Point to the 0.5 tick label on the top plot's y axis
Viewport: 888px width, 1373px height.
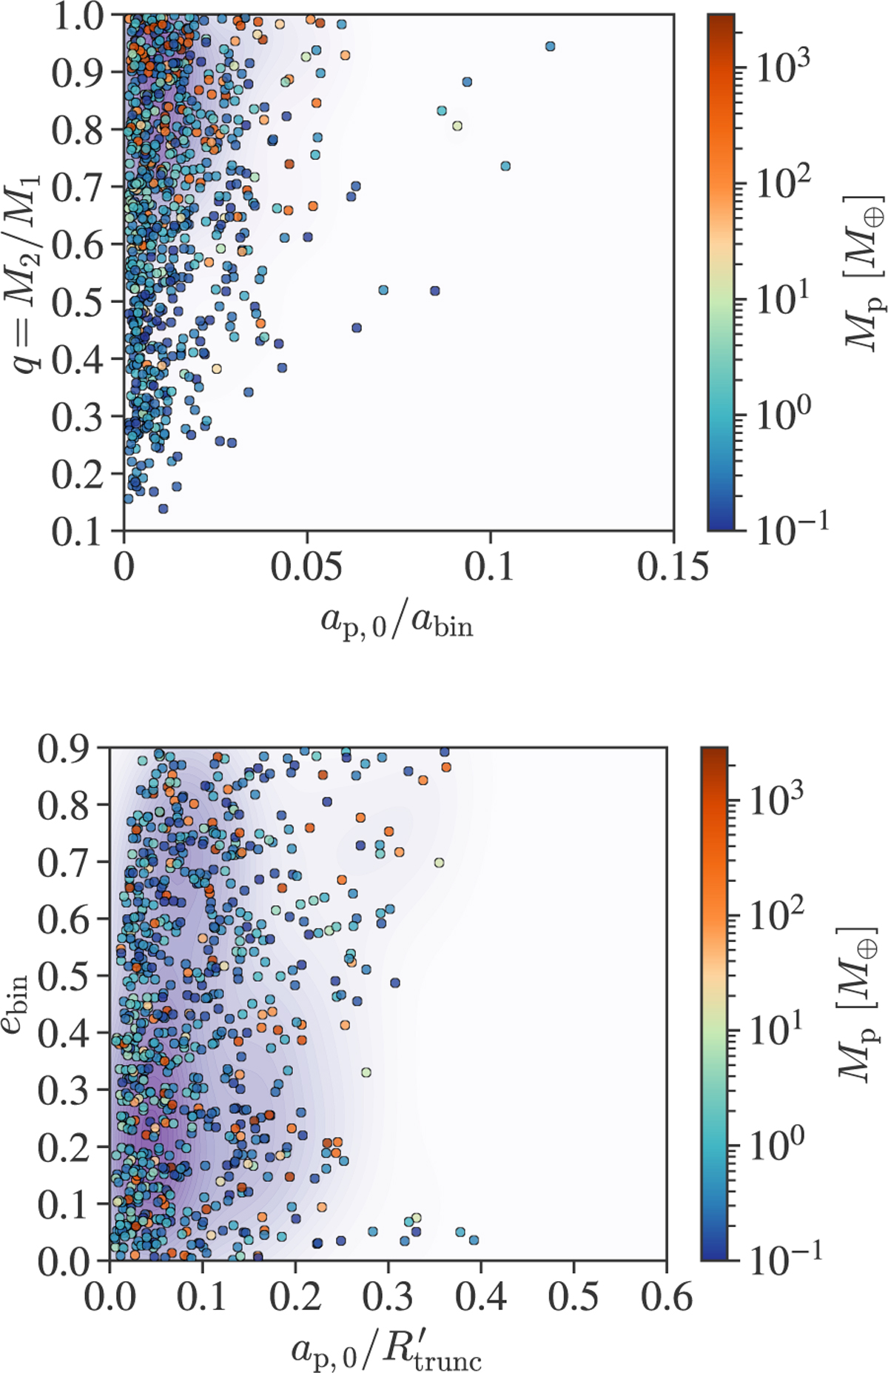coord(77,301)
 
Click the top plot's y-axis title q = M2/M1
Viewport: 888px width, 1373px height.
coord(28,274)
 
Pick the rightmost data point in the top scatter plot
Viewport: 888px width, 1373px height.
coord(550,47)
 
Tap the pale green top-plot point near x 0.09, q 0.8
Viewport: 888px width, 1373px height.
coord(457,126)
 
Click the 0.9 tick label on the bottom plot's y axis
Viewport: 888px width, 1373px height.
coord(64,749)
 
